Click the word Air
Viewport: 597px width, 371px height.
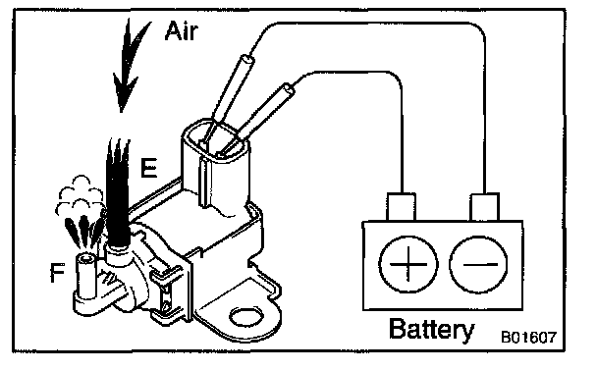point(182,30)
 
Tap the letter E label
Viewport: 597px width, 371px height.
point(148,168)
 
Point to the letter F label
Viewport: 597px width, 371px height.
point(58,273)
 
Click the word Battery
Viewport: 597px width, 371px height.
point(432,329)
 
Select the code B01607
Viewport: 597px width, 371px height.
point(528,337)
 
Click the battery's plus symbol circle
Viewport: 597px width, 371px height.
point(408,264)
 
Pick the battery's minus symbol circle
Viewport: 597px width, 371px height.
point(479,264)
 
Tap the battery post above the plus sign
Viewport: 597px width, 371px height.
point(402,207)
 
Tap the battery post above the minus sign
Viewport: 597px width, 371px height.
point(485,207)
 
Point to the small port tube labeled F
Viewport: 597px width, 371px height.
point(87,275)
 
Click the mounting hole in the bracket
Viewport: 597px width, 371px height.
point(246,317)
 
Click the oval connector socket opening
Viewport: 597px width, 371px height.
point(215,140)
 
